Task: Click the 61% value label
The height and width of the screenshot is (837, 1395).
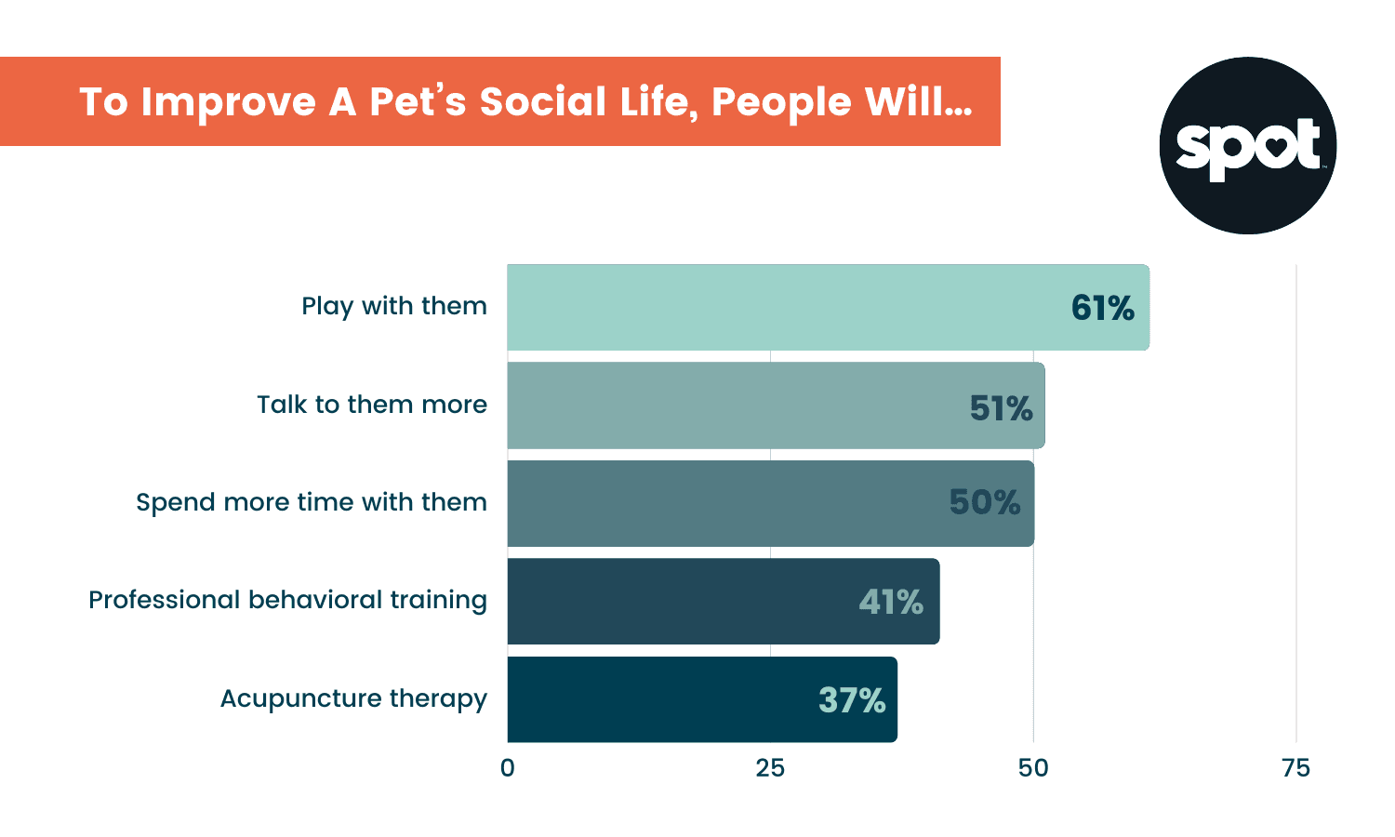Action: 1102,308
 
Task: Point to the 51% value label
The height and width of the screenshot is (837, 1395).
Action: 1001,408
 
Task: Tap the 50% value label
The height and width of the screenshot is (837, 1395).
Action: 984,503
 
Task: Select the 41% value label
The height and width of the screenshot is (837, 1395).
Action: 890,603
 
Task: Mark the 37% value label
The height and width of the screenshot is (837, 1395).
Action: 851,700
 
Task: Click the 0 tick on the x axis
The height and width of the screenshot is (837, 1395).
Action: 507,768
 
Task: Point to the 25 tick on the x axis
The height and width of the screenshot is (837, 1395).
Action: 770,768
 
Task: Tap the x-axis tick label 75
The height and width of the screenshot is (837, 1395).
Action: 1295,768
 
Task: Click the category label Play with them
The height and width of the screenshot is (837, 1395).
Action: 393,306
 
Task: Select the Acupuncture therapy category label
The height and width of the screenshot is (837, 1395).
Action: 353,698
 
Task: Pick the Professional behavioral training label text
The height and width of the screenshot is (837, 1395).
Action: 287,600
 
